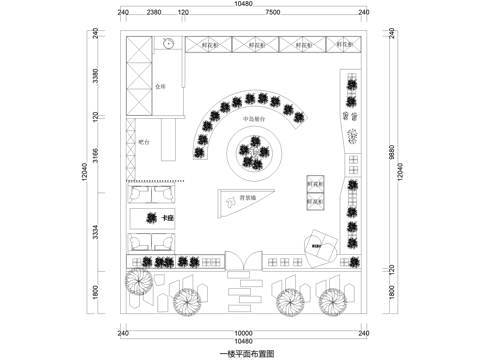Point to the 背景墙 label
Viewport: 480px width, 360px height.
click(x=245, y=199)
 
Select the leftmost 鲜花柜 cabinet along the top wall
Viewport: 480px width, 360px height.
click(x=210, y=45)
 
